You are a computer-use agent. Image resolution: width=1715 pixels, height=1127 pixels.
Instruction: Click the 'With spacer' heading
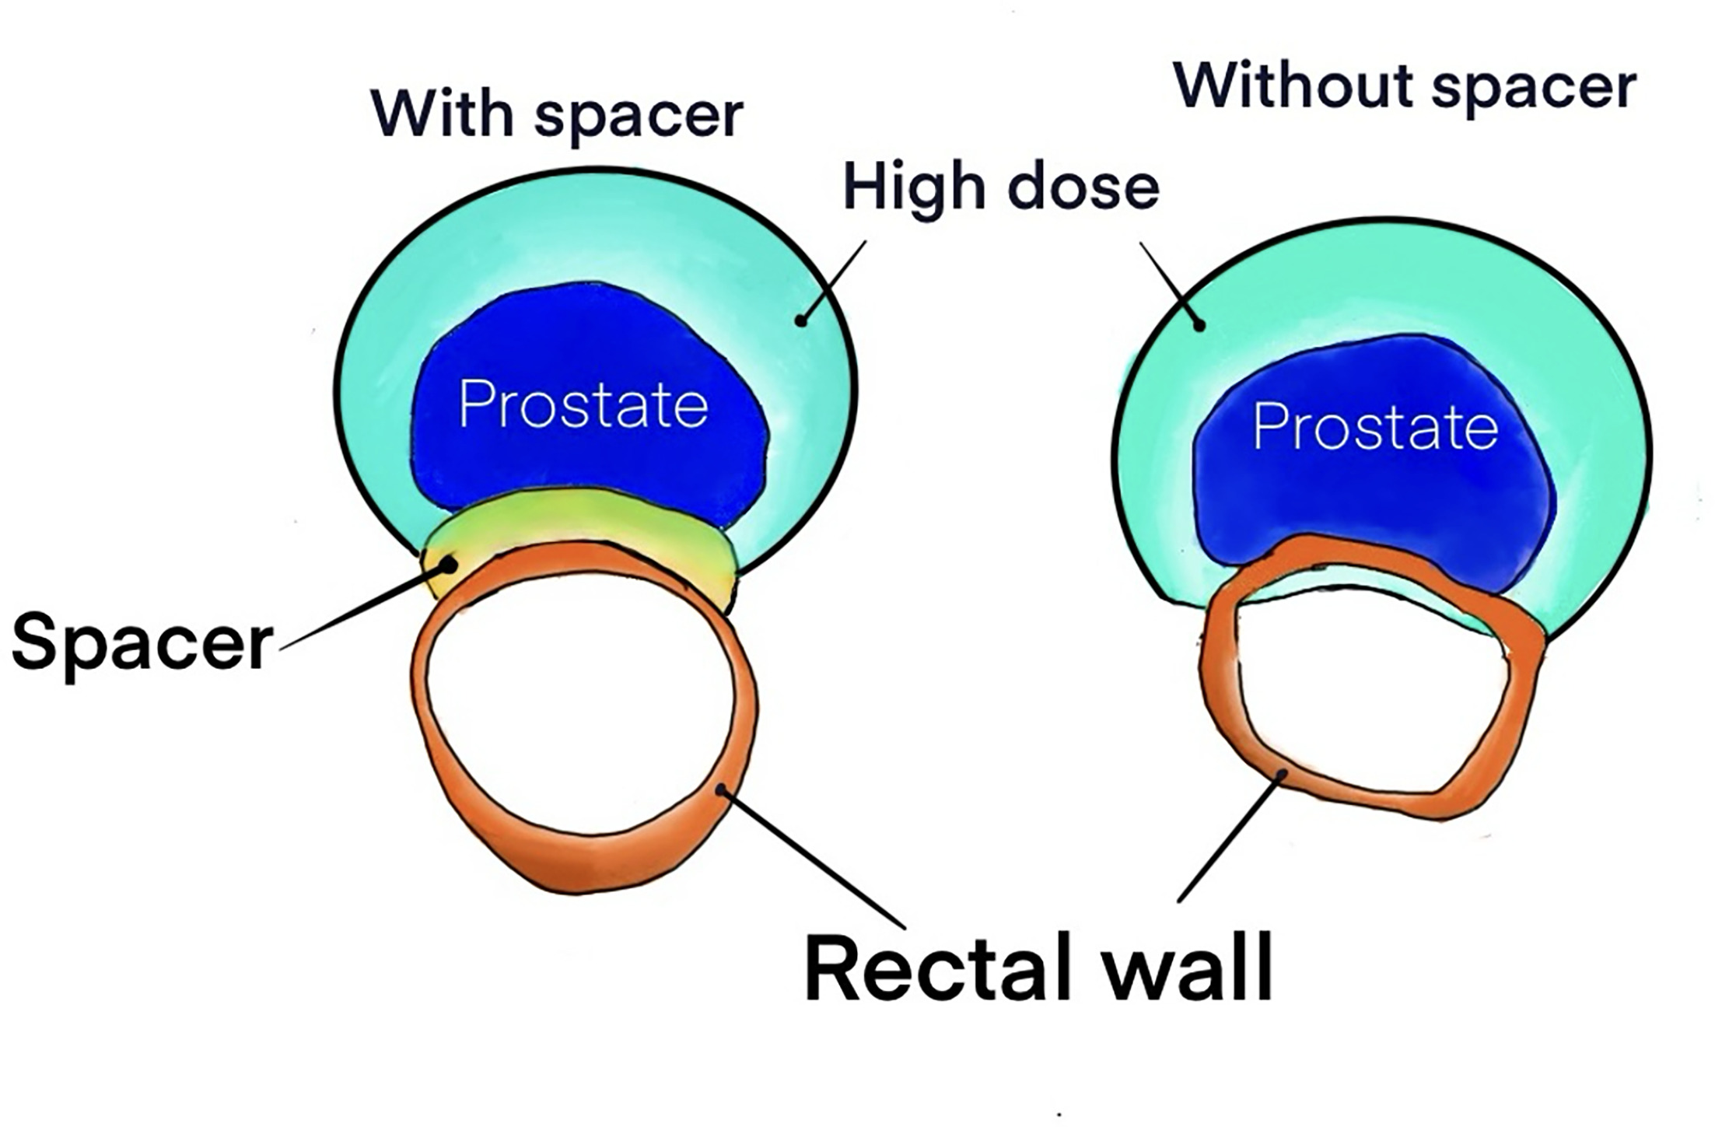557,114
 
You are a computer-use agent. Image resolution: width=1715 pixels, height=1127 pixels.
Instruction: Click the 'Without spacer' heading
1405,87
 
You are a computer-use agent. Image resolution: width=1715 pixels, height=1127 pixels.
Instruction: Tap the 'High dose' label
1001,187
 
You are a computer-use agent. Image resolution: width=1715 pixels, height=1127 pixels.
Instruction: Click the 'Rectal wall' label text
1038,970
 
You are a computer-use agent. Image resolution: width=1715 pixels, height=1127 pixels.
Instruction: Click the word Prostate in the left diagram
583,404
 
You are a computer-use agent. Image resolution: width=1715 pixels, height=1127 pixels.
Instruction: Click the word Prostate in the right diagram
1375,427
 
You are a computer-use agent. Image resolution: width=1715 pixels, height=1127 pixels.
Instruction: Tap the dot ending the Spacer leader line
447,565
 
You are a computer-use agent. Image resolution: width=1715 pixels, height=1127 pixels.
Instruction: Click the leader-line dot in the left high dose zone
800,320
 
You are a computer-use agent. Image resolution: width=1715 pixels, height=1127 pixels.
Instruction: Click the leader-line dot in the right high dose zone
1200,325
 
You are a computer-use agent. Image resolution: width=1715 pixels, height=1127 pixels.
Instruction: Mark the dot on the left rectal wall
720,789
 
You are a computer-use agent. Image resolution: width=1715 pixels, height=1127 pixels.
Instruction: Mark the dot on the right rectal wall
1284,772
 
